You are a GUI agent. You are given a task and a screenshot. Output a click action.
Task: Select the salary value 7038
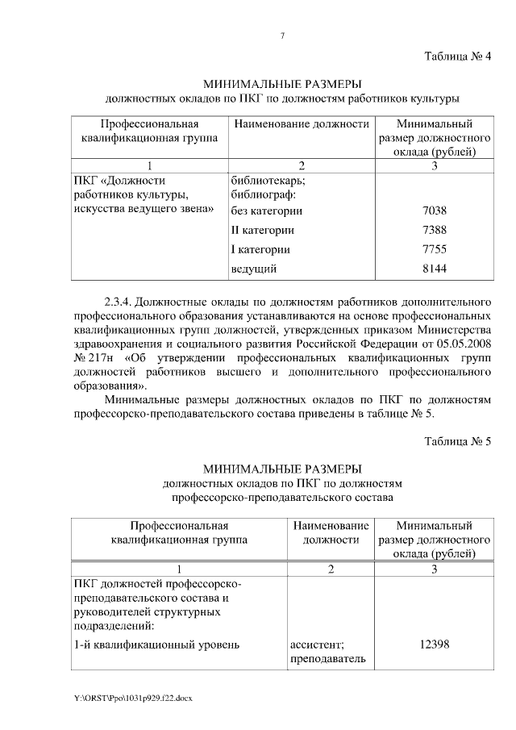tap(435, 211)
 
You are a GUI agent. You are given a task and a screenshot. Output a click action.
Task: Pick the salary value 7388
tap(435, 230)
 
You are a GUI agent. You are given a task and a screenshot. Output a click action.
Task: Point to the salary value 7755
tap(435, 248)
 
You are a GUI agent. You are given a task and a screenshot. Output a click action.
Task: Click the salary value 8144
tap(435, 268)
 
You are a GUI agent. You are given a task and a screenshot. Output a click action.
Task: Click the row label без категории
tap(266, 211)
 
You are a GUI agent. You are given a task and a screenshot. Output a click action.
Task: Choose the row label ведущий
tap(254, 268)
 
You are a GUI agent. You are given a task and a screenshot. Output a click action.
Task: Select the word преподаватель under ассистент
tap(327, 659)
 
